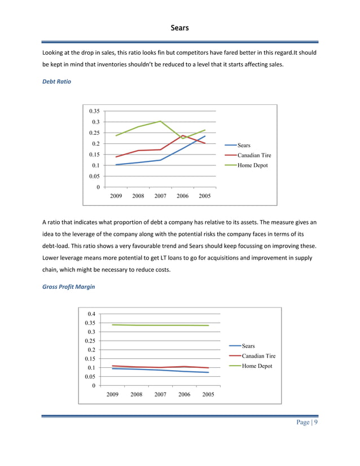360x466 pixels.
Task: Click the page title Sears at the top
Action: (x=179, y=28)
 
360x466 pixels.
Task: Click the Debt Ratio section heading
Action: (x=57, y=82)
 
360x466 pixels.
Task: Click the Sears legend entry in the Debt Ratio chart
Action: (x=244, y=145)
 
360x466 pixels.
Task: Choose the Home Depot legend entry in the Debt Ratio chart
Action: (x=252, y=165)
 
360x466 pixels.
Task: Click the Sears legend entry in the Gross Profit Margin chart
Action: (x=248, y=346)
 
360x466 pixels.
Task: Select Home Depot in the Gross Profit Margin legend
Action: (x=257, y=366)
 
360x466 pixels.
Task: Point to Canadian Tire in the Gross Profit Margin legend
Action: (x=258, y=356)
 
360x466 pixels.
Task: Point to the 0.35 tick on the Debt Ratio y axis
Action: (x=94, y=111)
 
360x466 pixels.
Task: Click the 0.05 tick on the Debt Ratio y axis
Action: (x=94, y=176)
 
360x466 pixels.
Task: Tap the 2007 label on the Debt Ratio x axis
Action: (x=161, y=196)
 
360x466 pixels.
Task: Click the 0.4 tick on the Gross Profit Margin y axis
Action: (x=91, y=314)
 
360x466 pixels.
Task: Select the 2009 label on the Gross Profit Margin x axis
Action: (x=113, y=394)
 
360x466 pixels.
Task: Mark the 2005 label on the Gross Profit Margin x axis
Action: (x=208, y=394)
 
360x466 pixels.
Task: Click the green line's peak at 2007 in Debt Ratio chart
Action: (x=161, y=121)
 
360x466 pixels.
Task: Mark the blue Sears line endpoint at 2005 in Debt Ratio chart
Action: (x=205, y=136)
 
